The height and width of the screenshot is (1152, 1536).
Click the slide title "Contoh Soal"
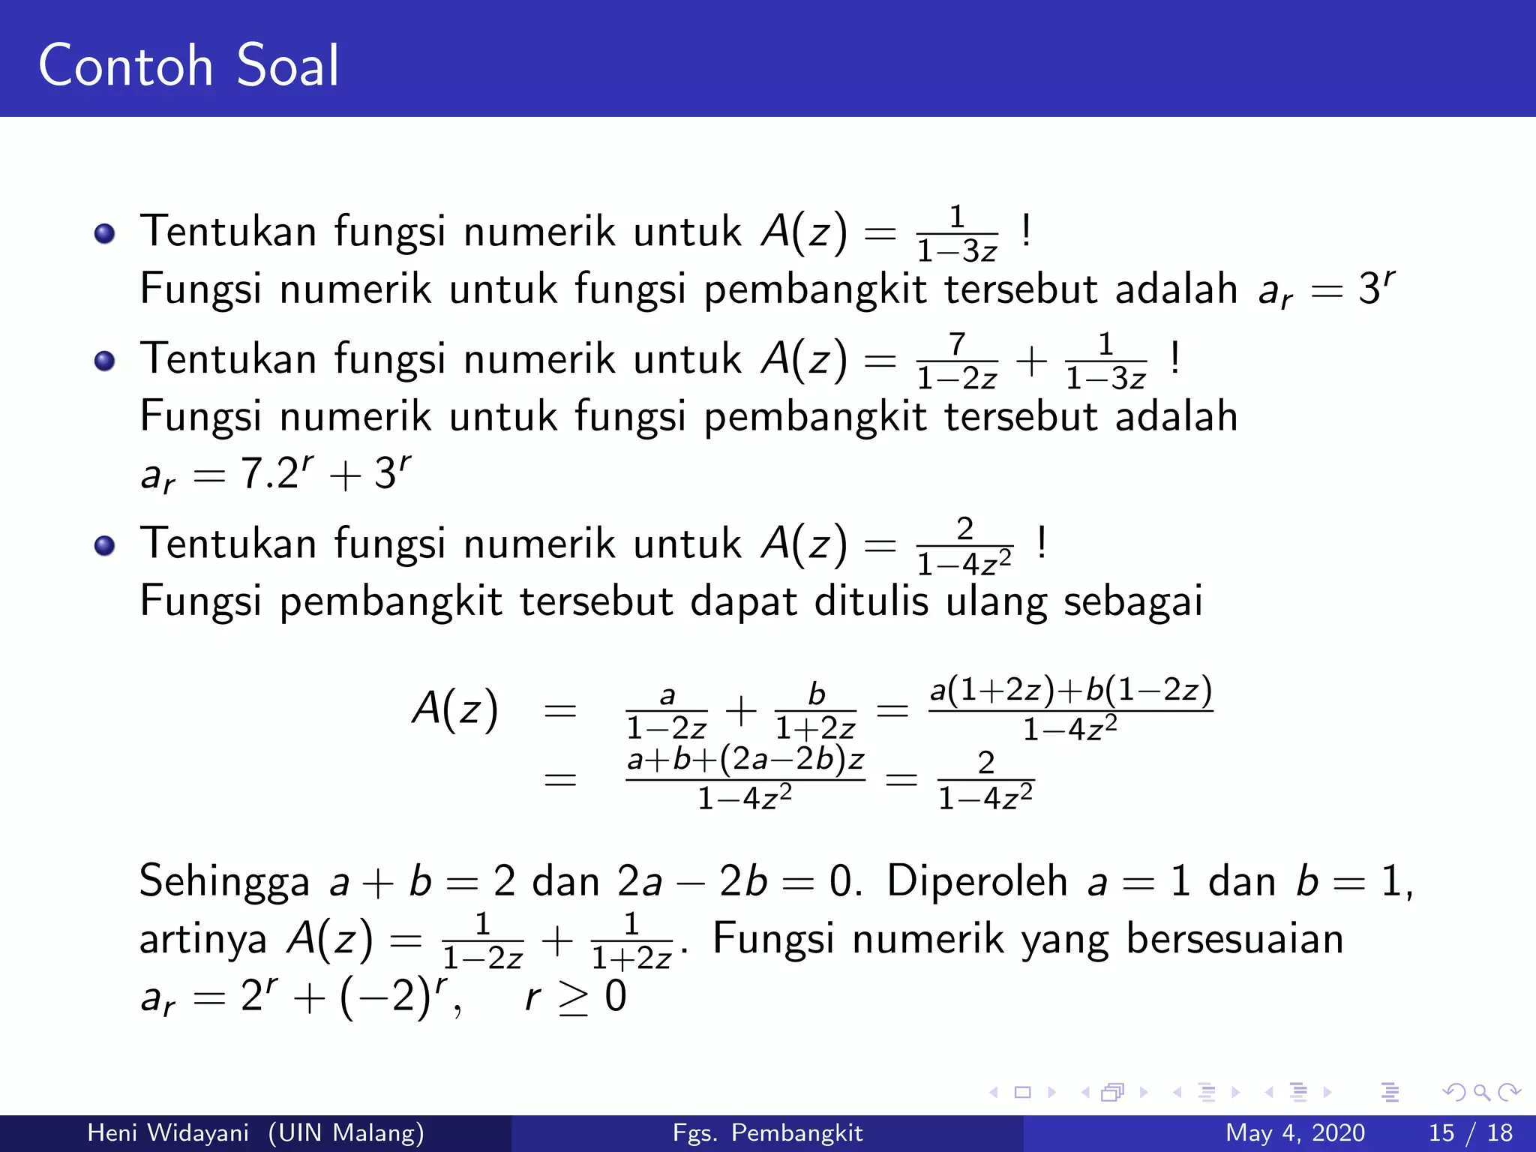click(188, 66)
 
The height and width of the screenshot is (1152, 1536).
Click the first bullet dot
click(105, 233)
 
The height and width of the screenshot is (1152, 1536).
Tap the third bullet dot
click(105, 545)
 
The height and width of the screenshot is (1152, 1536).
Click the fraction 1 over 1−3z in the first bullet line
click(957, 234)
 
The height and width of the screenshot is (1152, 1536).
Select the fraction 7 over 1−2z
click(957, 361)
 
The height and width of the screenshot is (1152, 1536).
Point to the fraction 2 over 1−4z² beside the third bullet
click(964, 546)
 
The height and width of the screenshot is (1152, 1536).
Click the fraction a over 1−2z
click(667, 711)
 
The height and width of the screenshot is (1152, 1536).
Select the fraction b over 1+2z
click(815, 711)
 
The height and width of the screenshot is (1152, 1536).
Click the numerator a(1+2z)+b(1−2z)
click(1070, 689)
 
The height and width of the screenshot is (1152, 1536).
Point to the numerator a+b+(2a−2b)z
click(745, 760)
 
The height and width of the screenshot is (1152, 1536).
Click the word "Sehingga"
click(224, 881)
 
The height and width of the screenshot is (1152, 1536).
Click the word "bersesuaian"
click(1234, 939)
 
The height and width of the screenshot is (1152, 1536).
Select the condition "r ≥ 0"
click(575, 997)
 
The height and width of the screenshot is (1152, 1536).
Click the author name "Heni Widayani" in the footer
click(168, 1132)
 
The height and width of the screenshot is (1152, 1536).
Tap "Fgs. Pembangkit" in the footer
click(767, 1132)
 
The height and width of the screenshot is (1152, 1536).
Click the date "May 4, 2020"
click(1294, 1132)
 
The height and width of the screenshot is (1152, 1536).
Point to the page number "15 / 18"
click(1470, 1132)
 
